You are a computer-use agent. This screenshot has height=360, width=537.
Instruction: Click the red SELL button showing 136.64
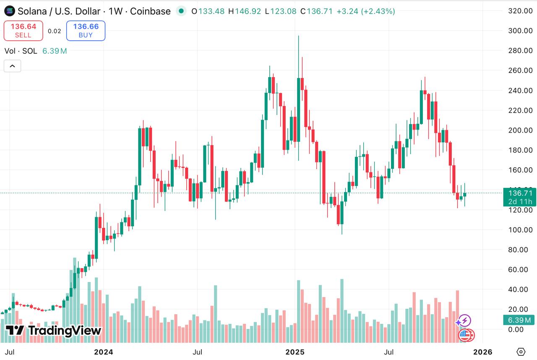tap(23, 31)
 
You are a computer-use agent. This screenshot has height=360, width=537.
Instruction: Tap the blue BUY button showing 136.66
tap(86, 31)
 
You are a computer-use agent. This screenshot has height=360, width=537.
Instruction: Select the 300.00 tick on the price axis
tap(520, 31)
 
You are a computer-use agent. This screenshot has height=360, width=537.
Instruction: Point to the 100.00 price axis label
tap(520, 230)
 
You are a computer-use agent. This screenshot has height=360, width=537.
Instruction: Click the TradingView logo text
tap(54, 331)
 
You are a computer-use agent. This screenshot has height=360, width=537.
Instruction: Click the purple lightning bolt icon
tap(464, 321)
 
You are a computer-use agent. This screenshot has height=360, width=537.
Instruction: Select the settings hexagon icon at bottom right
tap(521, 352)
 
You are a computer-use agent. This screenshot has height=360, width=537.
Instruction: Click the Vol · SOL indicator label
tap(21, 51)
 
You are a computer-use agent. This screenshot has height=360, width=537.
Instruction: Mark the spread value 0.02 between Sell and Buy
tap(55, 31)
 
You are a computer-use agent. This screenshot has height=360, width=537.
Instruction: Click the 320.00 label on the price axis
tap(520, 11)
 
